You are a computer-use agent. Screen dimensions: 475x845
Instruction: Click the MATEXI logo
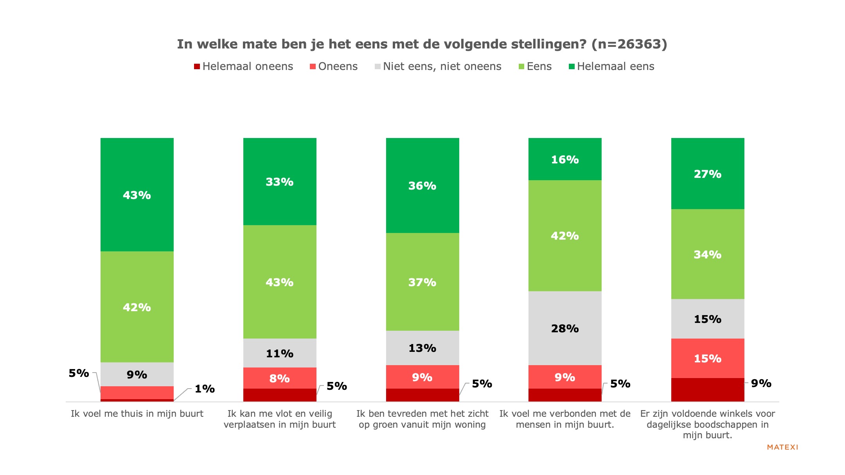pos(782,447)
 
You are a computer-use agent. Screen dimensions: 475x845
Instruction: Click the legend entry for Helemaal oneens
pos(243,66)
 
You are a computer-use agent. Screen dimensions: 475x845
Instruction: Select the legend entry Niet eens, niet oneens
pos(438,66)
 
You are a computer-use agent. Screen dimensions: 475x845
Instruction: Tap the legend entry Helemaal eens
pos(611,66)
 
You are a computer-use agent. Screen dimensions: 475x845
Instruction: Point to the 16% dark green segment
pos(565,159)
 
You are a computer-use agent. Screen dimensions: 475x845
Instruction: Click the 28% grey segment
pos(565,328)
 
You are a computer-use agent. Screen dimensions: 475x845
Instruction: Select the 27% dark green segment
pos(707,174)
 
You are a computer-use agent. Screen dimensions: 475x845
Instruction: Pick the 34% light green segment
pos(707,254)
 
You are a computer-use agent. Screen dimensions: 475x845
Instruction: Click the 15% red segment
pos(707,358)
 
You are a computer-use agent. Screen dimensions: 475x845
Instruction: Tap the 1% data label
pos(205,389)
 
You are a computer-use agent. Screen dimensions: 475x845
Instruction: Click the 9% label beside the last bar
pos(761,383)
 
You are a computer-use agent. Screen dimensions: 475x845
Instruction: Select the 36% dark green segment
pos(422,185)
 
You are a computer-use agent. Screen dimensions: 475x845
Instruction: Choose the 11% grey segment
pos(279,353)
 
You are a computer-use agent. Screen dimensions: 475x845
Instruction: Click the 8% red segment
pos(279,378)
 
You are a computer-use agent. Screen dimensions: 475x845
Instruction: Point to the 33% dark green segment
pos(279,181)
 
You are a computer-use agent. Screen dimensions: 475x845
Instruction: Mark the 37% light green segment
pos(422,282)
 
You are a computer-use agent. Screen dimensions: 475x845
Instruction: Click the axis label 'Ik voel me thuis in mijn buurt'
pos(137,414)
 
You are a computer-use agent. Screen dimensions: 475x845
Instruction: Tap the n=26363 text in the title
pos(629,44)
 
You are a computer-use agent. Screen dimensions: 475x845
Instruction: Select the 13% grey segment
pos(422,348)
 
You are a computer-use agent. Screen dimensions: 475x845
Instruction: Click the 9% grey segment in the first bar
pos(137,375)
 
